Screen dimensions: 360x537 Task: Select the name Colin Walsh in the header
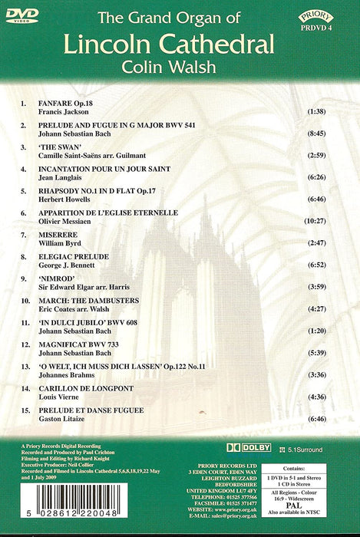pyautogui.click(x=179, y=78)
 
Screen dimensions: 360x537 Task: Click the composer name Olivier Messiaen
pyautogui.click(x=68, y=221)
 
